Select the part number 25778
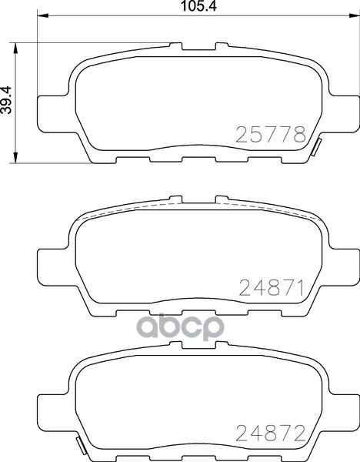tap(270, 136)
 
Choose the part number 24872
tap(270, 433)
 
